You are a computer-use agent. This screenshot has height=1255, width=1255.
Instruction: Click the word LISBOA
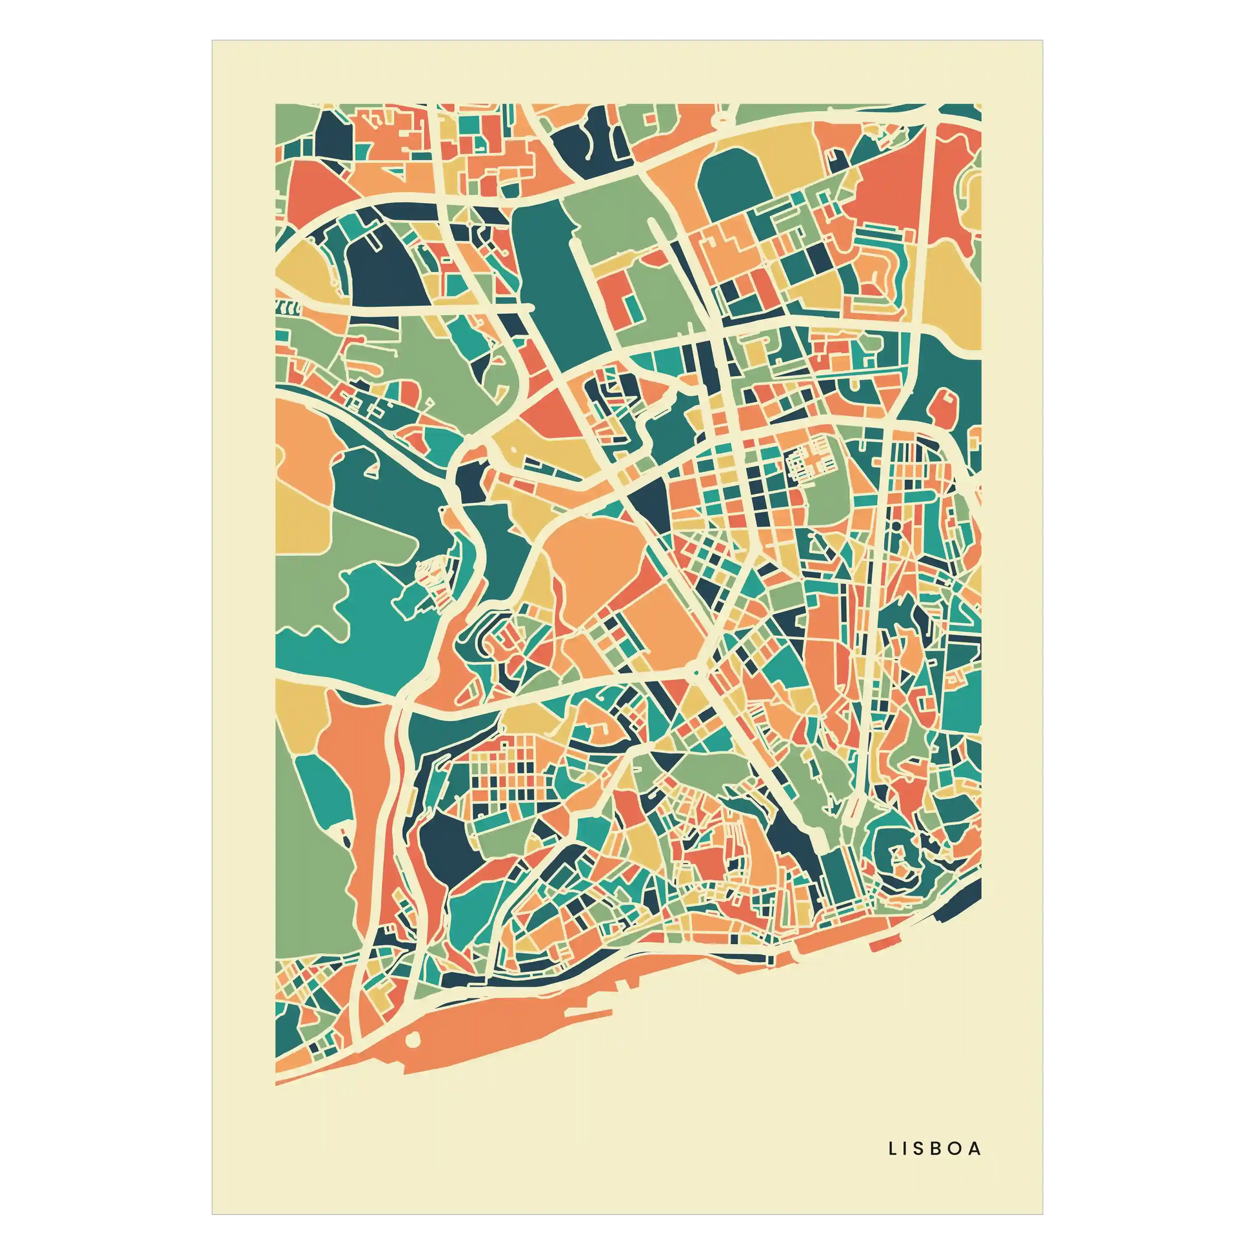[934, 1149]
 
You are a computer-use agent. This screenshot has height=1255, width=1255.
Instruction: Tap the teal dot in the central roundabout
[696, 675]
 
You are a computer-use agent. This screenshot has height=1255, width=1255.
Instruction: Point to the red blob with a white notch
[943, 406]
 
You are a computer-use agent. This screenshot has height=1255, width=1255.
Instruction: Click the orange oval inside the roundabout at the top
[723, 119]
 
